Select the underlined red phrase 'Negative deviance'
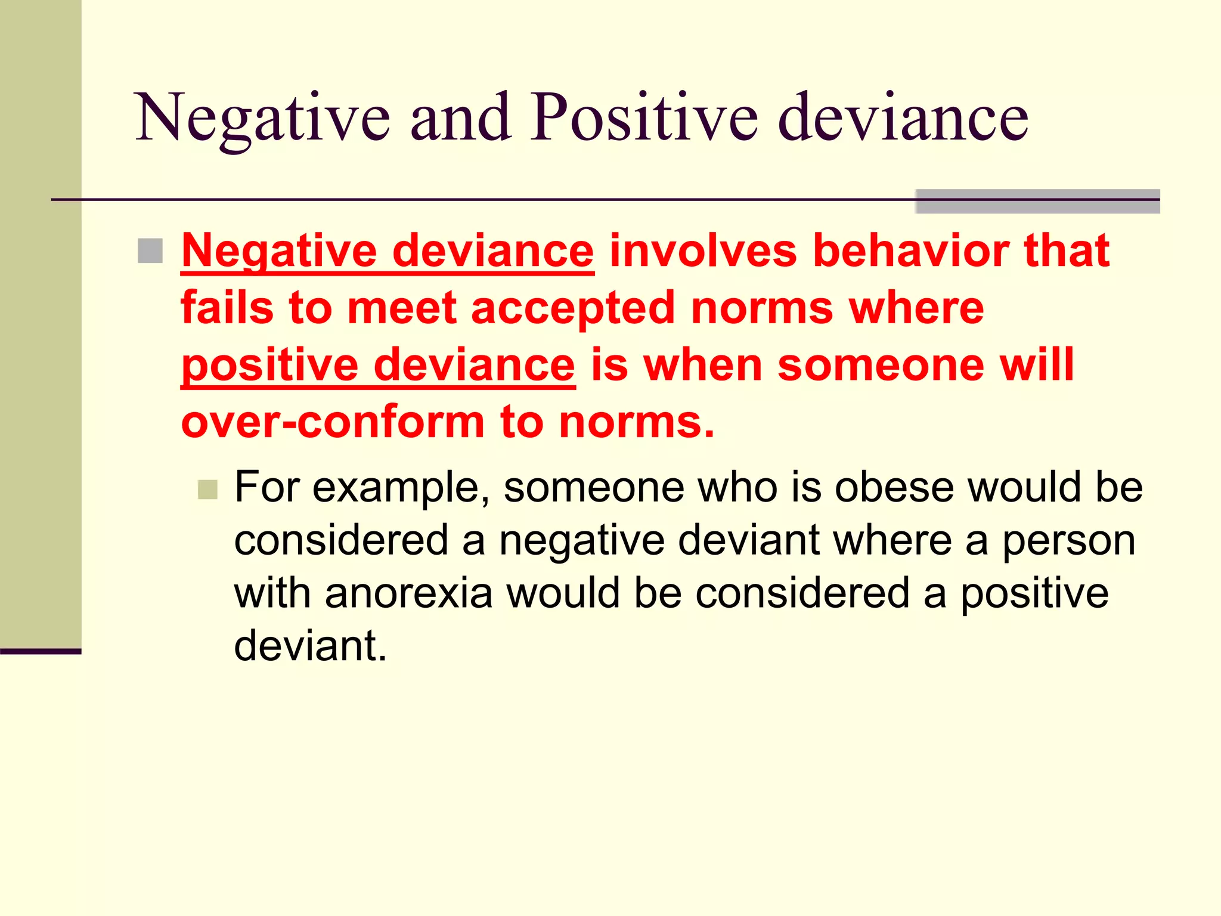point(388,251)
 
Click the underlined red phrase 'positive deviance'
point(378,365)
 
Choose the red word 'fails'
point(227,308)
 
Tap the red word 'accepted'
point(573,309)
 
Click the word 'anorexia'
point(408,593)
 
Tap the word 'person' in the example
point(1068,541)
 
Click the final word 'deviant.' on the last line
point(310,646)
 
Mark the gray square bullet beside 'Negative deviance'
point(150,251)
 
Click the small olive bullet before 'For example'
point(207,490)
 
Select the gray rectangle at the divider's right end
point(1037,202)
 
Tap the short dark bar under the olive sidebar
point(41,652)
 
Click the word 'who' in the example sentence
point(737,487)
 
